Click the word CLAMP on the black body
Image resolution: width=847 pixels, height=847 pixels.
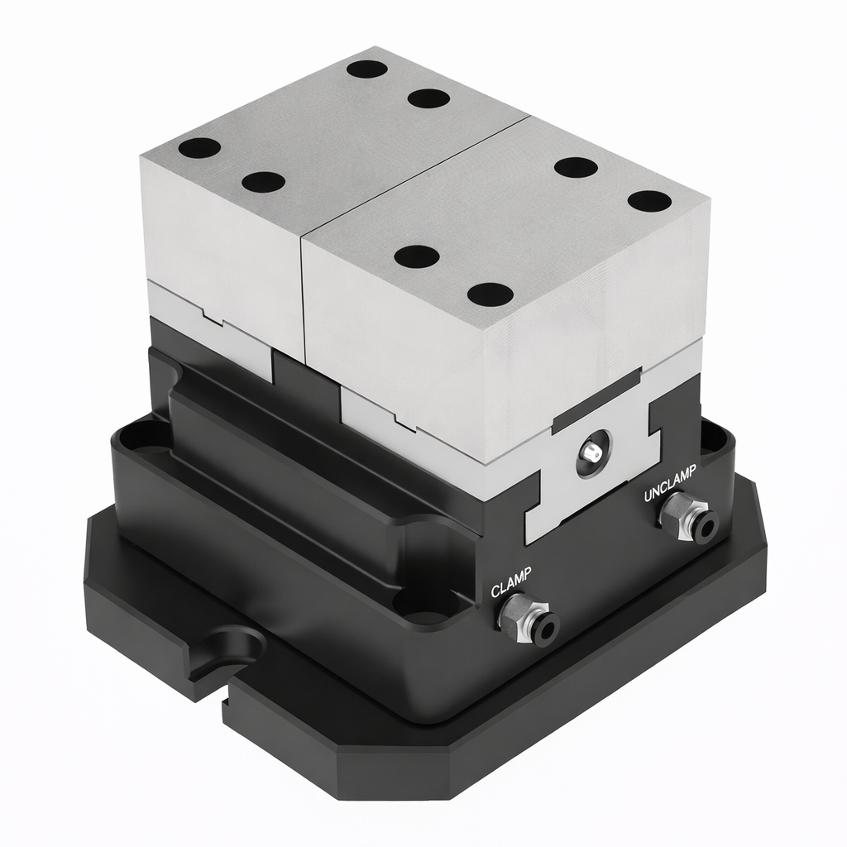click(x=511, y=581)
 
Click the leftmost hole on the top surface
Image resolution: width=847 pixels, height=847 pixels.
click(x=199, y=149)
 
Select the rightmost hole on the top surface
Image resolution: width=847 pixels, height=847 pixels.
click(x=649, y=200)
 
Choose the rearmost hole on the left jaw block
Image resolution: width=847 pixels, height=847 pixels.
click(x=367, y=68)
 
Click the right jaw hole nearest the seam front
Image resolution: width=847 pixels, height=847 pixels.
click(x=416, y=256)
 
